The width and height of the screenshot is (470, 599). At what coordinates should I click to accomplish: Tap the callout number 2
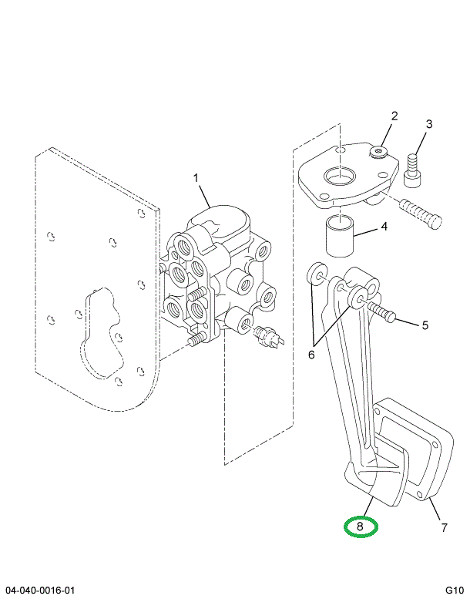pyautogui.click(x=394, y=116)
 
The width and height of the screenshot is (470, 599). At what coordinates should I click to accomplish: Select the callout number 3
pyautogui.click(x=429, y=124)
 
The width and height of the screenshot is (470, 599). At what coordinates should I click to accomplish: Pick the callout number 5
pyautogui.click(x=424, y=325)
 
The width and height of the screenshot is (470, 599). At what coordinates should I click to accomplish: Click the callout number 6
pyautogui.click(x=311, y=355)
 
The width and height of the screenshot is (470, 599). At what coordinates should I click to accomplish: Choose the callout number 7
pyautogui.click(x=443, y=527)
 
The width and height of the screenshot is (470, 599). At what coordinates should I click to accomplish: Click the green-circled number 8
pyautogui.click(x=361, y=527)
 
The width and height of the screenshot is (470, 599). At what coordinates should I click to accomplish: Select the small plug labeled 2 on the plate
pyautogui.click(x=378, y=153)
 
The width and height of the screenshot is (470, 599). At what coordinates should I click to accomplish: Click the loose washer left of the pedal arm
pyautogui.click(x=317, y=274)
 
